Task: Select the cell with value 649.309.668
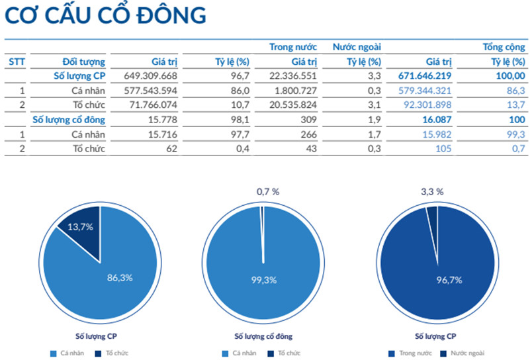(x=151, y=75)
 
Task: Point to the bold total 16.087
(x=437, y=120)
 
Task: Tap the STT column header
(x=17, y=62)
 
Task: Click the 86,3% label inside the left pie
(x=120, y=277)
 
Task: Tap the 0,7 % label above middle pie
(x=268, y=191)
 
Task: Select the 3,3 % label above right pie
(x=432, y=191)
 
